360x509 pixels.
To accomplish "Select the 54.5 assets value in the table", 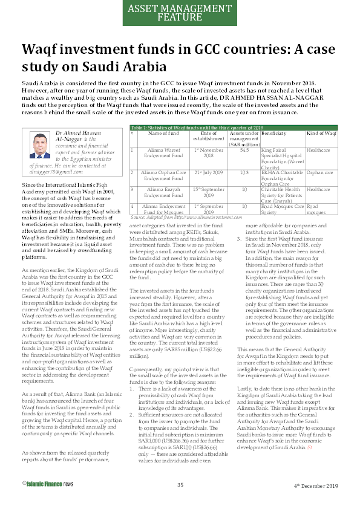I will (x=244, y=149).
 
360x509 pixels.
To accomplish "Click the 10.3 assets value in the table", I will (x=244, y=172).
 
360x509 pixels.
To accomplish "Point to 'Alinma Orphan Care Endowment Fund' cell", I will (x=165, y=175).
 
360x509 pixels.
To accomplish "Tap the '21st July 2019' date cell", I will (x=208, y=172).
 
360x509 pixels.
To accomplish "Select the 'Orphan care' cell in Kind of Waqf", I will (x=321, y=172).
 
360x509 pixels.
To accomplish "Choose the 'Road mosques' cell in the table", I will (x=318, y=209).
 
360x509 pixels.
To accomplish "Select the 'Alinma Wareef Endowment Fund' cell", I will (x=165, y=152).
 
